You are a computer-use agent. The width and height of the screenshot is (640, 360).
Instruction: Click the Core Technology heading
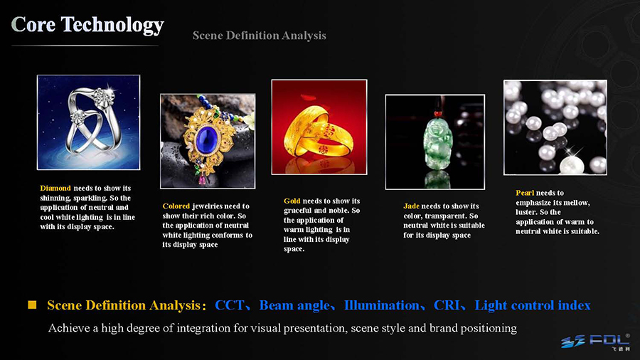(x=87, y=25)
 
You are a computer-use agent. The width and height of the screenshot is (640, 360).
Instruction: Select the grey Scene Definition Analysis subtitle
(x=259, y=36)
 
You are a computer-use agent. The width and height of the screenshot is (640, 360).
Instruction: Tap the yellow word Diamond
(x=55, y=188)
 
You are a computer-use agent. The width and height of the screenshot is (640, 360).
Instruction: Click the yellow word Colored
(x=176, y=206)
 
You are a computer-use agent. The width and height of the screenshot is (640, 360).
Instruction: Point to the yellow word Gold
(x=292, y=201)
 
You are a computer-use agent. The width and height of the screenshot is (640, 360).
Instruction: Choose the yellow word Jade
(x=412, y=206)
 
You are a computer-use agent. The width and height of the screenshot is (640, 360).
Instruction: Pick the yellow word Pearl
(x=525, y=193)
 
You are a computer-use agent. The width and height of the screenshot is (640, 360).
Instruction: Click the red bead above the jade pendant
(x=438, y=113)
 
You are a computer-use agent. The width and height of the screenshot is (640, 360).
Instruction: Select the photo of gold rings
(x=319, y=127)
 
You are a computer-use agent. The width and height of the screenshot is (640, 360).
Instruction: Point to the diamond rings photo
(x=89, y=122)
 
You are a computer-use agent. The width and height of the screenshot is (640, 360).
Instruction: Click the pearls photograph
(x=555, y=127)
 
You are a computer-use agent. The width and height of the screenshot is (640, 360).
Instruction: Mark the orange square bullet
(x=32, y=305)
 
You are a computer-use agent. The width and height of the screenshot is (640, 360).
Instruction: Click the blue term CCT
(x=229, y=305)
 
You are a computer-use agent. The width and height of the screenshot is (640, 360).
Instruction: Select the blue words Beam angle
(x=294, y=306)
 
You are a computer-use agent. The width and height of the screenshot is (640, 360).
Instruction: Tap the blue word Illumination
(x=382, y=305)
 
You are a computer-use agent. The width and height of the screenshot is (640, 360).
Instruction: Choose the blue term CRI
(x=446, y=305)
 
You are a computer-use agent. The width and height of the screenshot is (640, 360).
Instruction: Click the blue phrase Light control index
(x=532, y=306)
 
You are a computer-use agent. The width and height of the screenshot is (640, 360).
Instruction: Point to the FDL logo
(x=595, y=342)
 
